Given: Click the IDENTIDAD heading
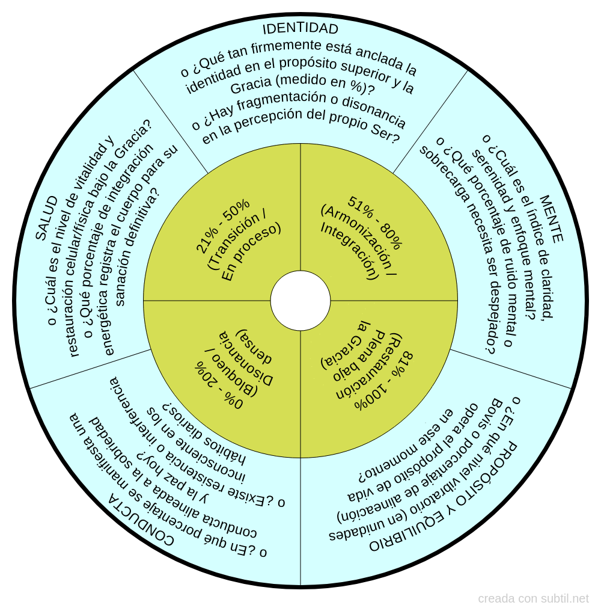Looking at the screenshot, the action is (300, 29).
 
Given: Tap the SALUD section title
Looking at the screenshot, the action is (47, 218).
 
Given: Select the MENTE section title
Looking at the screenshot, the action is (551, 219).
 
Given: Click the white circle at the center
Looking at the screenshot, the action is (300, 301).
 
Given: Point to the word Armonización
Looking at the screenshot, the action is (356, 238).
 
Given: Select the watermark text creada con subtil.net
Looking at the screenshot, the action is (533, 598).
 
